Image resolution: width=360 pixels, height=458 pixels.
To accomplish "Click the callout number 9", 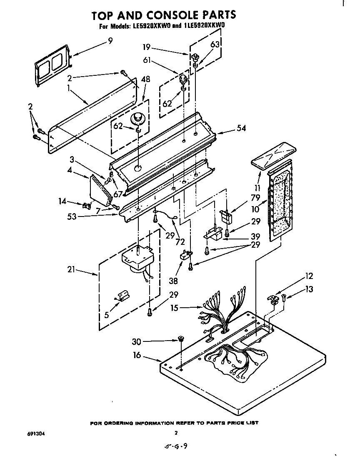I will [110, 41].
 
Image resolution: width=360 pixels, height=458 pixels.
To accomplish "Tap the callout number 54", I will [241, 129].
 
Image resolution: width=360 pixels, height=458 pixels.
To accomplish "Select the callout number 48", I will [146, 80].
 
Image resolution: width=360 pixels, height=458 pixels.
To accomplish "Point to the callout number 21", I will [72, 270].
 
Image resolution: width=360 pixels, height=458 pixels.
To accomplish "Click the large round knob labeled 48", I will [137, 119].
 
